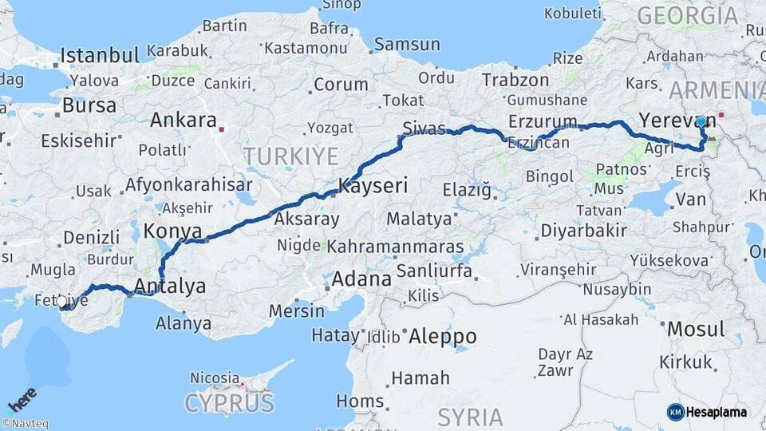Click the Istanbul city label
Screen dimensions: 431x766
tap(100, 56)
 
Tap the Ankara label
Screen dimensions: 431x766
tap(184, 121)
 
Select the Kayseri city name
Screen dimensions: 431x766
tap(373, 186)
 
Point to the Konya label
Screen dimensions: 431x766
tap(172, 231)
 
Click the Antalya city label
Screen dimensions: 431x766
tap(171, 286)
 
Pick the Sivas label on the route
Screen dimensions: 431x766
tap(424, 129)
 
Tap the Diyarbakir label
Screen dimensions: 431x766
tap(583, 231)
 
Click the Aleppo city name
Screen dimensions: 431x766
tap(442, 337)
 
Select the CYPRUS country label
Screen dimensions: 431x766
tap(229, 402)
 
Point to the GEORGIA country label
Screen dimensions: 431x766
tap(688, 14)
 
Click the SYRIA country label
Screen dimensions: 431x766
tap(470, 417)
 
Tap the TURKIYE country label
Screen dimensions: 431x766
tap(291, 156)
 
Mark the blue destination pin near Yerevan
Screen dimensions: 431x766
tap(701, 123)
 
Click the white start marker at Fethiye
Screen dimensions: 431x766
tap(61, 301)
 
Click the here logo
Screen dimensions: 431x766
tap(22, 399)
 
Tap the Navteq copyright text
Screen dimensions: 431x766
tap(26, 424)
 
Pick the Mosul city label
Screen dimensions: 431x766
tap(696, 329)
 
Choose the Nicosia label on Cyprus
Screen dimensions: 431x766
tap(214, 378)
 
